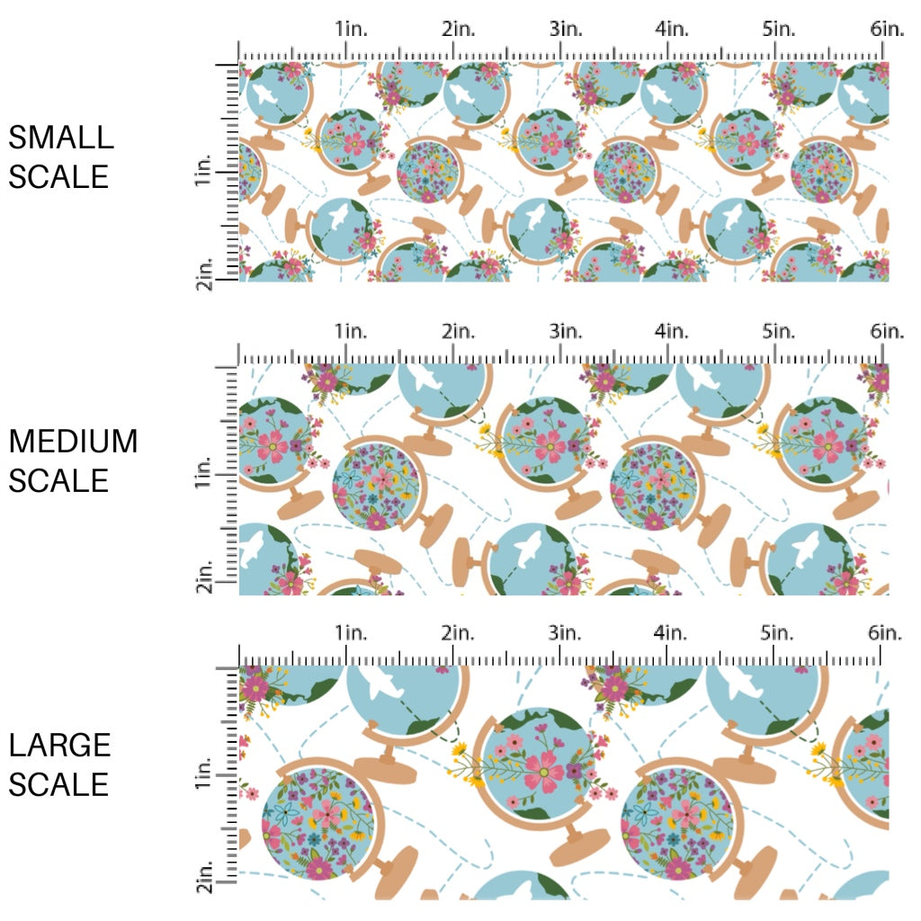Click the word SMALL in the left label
click(x=61, y=138)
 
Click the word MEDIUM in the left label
click(x=74, y=442)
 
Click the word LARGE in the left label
click(x=60, y=745)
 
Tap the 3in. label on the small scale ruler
click(x=566, y=29)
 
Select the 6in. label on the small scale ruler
click(x=886, y=29)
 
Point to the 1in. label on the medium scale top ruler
click(x=352, y=332)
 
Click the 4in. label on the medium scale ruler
click(x=672, y=332)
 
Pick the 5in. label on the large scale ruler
click(x=779, y=632)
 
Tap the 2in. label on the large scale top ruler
click(x=459, y=632)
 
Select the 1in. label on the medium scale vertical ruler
click(x=203, y=472)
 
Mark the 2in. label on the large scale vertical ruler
click(x=203, y=877)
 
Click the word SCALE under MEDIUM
click(x=59, y=481)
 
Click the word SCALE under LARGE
click(x=59, y=784)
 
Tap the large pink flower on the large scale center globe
click(x=543, y=767)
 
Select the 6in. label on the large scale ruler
click(x=886, y=632)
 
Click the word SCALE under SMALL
click(x=59, y=176)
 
